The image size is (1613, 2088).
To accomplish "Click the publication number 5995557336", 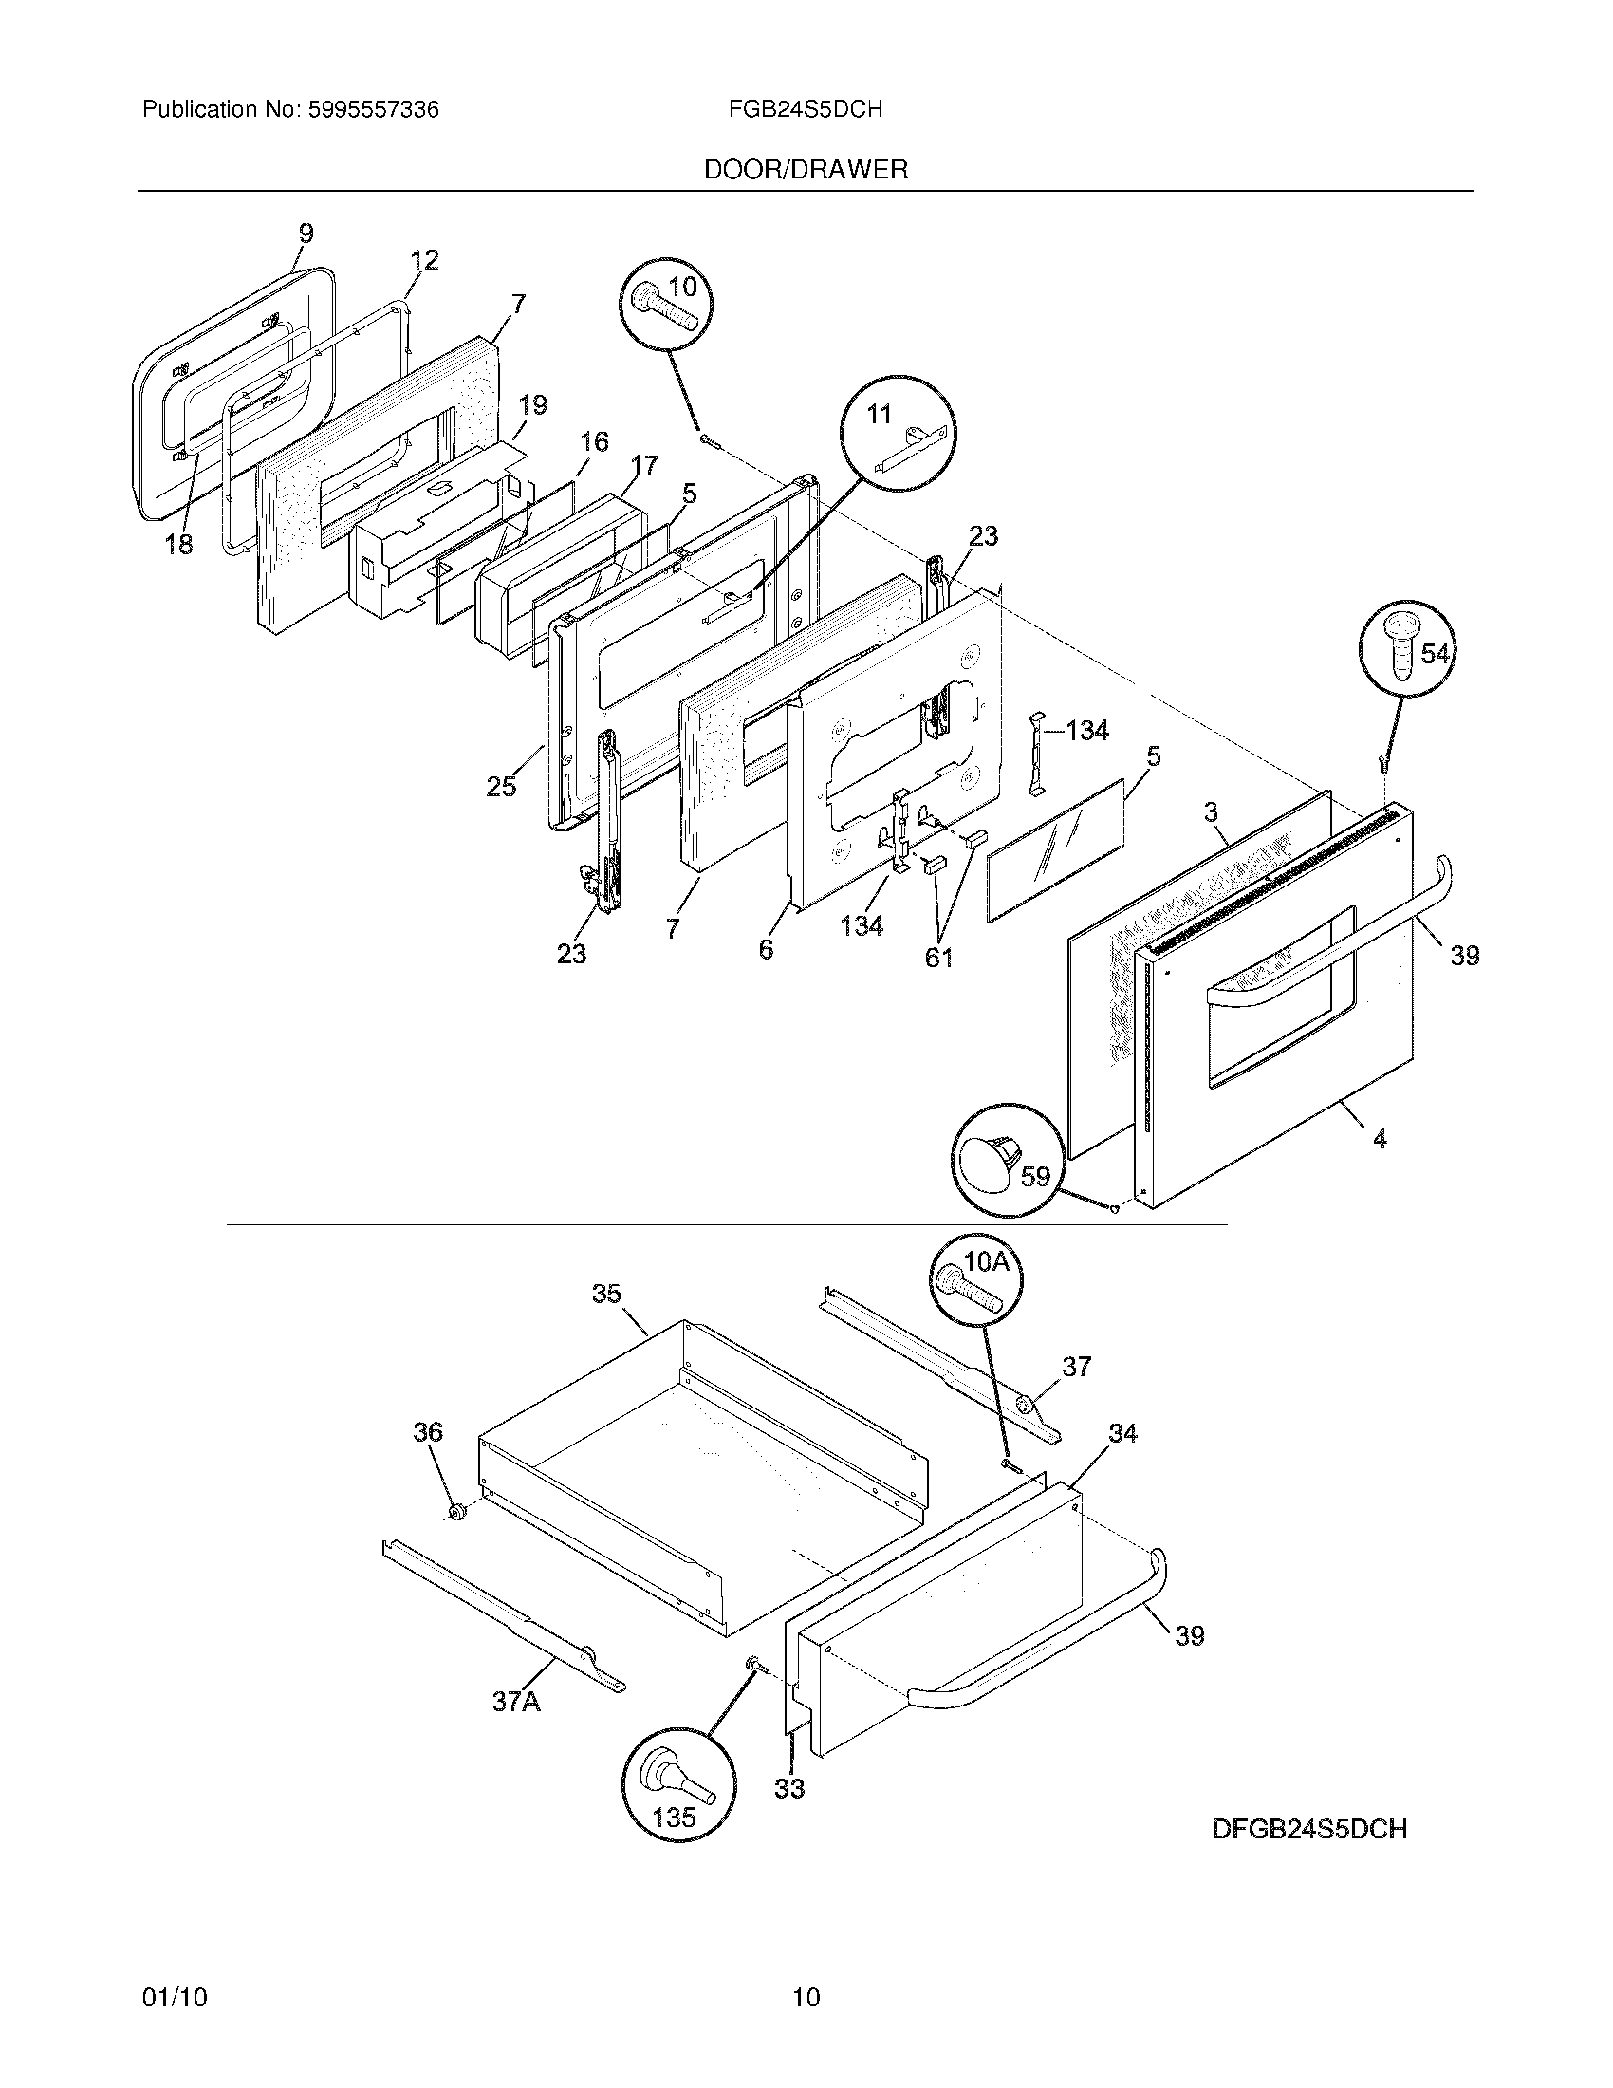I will (373, 110).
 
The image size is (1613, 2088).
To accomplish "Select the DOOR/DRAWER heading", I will (806, 170).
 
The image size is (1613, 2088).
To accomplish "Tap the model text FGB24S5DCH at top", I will (805, 110).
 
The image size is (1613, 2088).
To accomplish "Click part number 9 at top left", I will (305, 233).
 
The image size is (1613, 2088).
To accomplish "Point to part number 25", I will (501, 786).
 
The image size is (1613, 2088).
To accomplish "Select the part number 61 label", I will (938, 956).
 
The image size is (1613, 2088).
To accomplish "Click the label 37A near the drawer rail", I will (516, 1701).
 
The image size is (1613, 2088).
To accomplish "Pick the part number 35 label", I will (606, 1293).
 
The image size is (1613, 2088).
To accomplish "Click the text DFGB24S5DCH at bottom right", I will (1309, 1829).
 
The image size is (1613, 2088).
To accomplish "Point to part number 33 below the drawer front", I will (789, 1788).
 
